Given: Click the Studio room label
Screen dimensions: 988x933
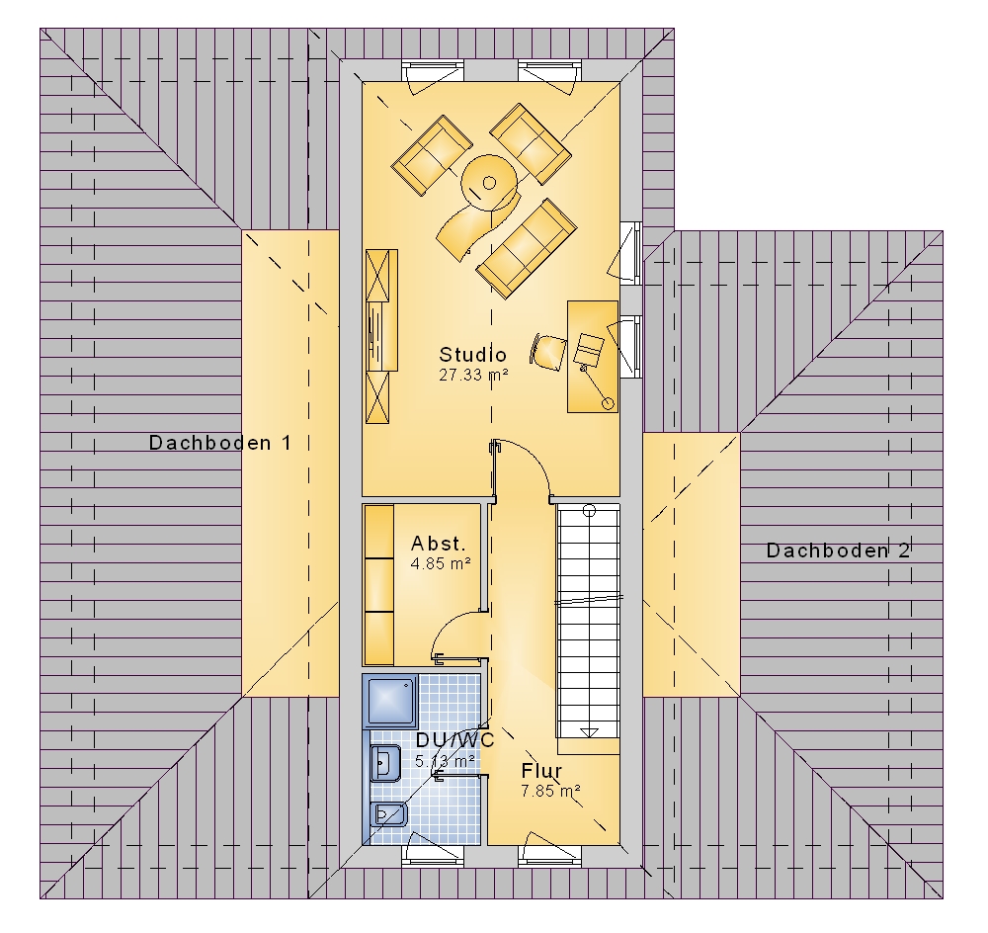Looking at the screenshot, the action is click(472, 354).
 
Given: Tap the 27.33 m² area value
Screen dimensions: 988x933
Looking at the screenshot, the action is click(473, 376).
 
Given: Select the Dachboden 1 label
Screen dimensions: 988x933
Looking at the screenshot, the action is click(220, 443).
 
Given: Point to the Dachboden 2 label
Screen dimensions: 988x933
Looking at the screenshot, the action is click(838, 551).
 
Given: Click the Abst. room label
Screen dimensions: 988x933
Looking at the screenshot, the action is click(439, 543).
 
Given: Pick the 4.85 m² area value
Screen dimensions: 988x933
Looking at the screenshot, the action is click(441, 563).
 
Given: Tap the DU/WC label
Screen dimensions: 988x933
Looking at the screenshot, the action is click(454, 740).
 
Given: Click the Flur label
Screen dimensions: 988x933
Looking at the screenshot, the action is click(541, 770).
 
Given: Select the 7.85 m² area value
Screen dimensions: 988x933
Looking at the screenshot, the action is click(550, 791).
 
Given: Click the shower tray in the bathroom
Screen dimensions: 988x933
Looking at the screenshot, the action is click(390, 701).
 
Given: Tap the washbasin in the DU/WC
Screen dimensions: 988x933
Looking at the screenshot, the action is click(385, 763).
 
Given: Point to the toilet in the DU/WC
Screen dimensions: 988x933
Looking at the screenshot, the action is click(390, 814).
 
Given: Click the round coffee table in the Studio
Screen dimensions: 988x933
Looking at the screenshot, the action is click(490, 184).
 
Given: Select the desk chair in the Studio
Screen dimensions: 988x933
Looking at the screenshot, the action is click(548, 351).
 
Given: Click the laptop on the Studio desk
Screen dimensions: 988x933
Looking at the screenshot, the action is click(589, 349).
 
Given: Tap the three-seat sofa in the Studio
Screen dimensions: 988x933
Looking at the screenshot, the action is click(527, 248).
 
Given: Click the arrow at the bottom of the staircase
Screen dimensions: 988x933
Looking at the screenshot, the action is click(589, 732).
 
